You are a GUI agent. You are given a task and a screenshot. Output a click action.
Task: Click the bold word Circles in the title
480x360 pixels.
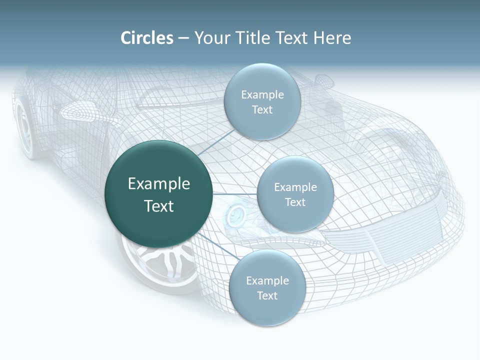[147, 38]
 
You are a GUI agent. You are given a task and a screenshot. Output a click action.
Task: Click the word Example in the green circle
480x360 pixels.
[158, 184]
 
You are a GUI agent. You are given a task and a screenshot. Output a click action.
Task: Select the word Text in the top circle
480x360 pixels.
[262, 110]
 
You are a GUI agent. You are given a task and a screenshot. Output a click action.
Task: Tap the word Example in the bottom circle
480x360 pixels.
[267, 281]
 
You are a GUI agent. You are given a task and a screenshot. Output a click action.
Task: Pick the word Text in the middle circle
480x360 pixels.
[295, 202]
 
